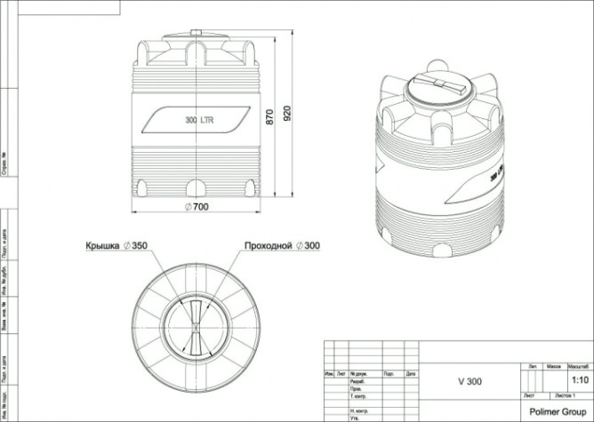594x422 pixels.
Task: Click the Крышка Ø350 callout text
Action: tap(116, 244)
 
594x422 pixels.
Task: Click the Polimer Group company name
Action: tap(556, 411)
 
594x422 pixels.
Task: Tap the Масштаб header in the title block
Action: tap(580, 365)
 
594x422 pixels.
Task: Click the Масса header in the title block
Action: tap(553, 365)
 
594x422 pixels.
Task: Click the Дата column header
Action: tap(411, 374)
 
